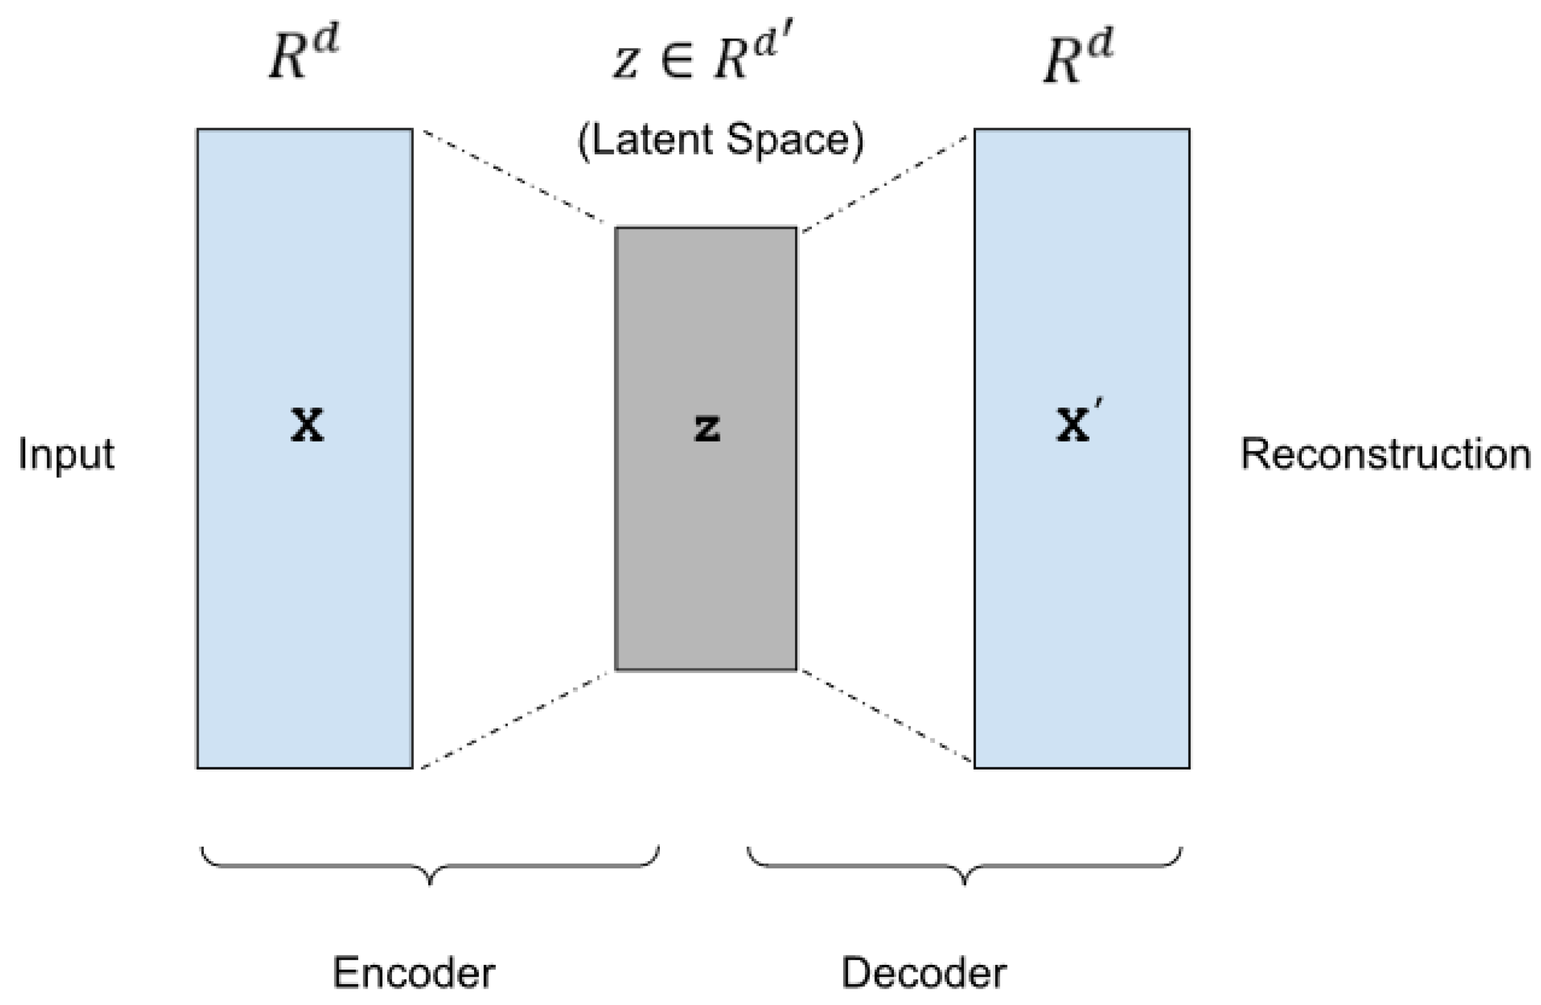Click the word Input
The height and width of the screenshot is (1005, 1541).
point(66,455)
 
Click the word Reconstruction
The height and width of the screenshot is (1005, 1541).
point(1385,454)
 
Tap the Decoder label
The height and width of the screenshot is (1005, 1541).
point(923,972)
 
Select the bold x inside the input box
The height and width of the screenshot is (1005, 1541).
point(306,426)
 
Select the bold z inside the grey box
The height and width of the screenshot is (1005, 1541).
point(706,428)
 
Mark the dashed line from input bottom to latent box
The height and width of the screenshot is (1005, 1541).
point(515,720)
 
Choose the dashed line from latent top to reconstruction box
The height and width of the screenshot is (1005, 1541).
point(885,183)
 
